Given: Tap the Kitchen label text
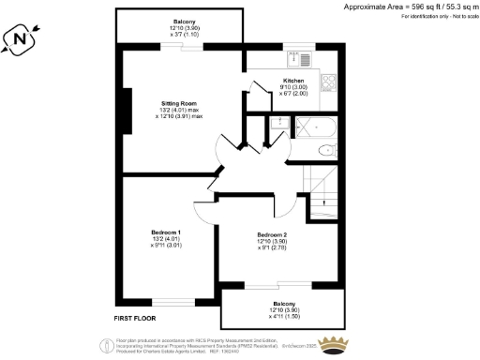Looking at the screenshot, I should click(x=293, y=82).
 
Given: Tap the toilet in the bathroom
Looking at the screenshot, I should click(x=325, y=150).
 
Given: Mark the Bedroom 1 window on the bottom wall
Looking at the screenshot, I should click(x=174, y=301).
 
